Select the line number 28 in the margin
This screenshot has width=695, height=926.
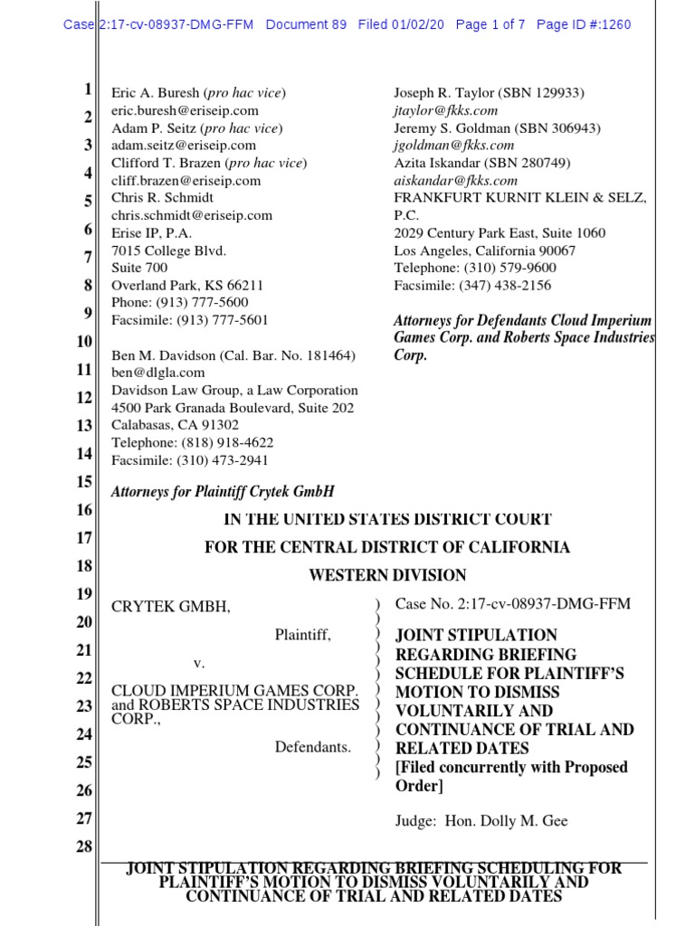(83, 846)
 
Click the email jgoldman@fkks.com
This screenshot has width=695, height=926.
(454, 145)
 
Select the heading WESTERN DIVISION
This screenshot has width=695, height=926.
(388, 575)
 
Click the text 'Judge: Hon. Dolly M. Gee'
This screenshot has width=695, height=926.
(481, 821)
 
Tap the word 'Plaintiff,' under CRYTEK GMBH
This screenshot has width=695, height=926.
(302, 635)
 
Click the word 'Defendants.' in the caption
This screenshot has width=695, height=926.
(312, 746)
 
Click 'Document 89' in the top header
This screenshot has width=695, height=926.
(306, 24)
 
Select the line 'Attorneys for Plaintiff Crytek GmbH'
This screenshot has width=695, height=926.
(223, 491)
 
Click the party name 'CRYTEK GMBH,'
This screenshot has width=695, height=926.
(170, 606)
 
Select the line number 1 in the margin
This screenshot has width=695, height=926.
(87, 90)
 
